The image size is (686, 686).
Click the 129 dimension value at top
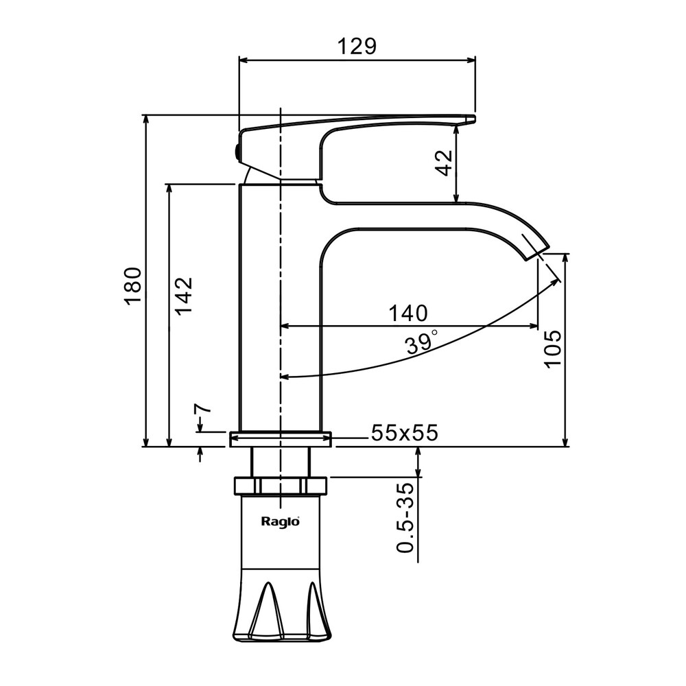pyautogui.click(x=357, y=46)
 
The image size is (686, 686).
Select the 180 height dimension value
pyautogui.click(x=132, y=285)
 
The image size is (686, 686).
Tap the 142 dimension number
pyautogui.click(x=183, y=295)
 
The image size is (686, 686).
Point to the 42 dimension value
pyautogui.click(x=445, y=163)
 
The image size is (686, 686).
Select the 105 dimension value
pyautogui.click(x=552, y=348)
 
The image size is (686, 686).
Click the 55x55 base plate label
pyautogui.click(x=404, y=433)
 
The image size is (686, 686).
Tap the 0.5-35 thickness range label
pyautogui.click(x=406, y=518)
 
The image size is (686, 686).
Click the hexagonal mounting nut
pyautogui.click(x=280, y=486)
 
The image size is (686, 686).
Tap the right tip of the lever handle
pyautogui.click(x=472, y=120)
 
